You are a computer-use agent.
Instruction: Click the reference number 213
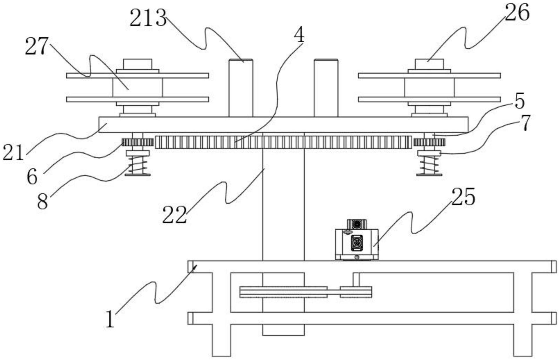[x=148, y=18]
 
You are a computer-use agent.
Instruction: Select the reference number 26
[x=517, y=13]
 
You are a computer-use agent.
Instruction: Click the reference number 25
[x=463, y=197]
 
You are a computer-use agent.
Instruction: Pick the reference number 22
[x=174, y=215]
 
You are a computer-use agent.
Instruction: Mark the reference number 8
[x=42, y=202]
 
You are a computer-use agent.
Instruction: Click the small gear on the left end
[x=137, y=142]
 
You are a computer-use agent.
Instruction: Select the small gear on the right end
[x=429, y=142]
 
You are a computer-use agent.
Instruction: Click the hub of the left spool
[x=137, y=87]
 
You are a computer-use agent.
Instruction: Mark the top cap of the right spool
[x=429, y=64]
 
